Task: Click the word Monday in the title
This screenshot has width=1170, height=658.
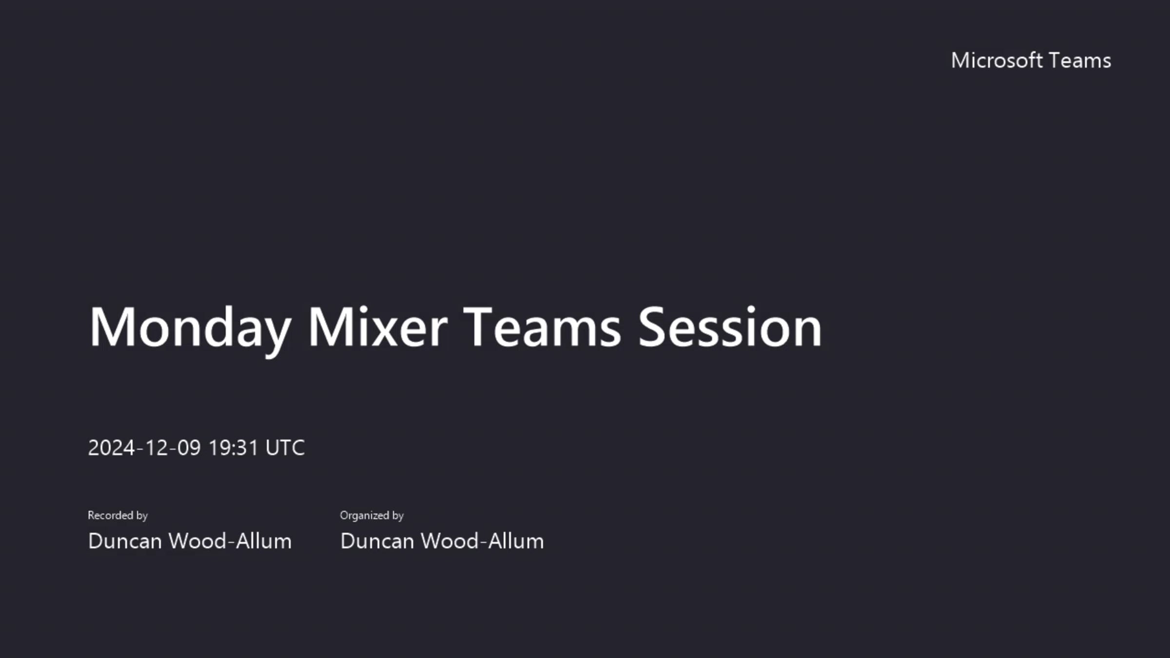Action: click(x=190, y=328)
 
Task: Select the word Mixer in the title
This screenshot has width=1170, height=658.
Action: click(x=377, y=328)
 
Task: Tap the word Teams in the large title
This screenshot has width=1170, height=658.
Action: click(x=542, y=328)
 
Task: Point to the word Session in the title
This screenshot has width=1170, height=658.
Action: click(x=730, y=328)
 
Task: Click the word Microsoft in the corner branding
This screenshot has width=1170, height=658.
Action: click(x=996, y=60)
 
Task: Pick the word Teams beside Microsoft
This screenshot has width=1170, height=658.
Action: click(x=1079, y=60)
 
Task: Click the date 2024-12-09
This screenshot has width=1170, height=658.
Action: click(x=144, y=447)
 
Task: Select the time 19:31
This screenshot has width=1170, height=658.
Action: click(x=233, y=447)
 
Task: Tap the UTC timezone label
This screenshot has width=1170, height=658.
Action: click(x=285, y=447)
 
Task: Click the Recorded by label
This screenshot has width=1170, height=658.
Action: click(x=117, y=515)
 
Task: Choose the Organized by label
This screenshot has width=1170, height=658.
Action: click(x=371, y=515)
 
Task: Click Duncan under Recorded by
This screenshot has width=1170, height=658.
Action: click(x=125, y=541)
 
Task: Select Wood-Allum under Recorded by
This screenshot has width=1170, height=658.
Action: click(x=230, y=541)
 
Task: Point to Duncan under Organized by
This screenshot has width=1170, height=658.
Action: click(x=377, y=541)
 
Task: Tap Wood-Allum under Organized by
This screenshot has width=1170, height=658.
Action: click(x=482, y=541)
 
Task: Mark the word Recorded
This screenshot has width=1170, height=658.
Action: click(x=110, y=515)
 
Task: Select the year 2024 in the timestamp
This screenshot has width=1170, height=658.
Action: click(x=111, y=447)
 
